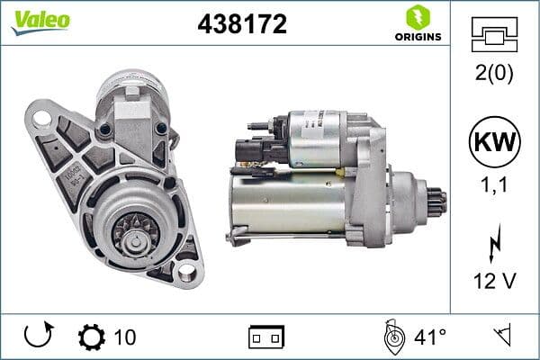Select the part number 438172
(x=241, y=24)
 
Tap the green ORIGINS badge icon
(x=417, y=16)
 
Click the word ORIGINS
(x=417, y=37)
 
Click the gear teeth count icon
(x=92, y=337)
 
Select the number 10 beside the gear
(x=126, y=337)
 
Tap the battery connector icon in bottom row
(x=266, y=337)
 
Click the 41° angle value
(x=430, y=337)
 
